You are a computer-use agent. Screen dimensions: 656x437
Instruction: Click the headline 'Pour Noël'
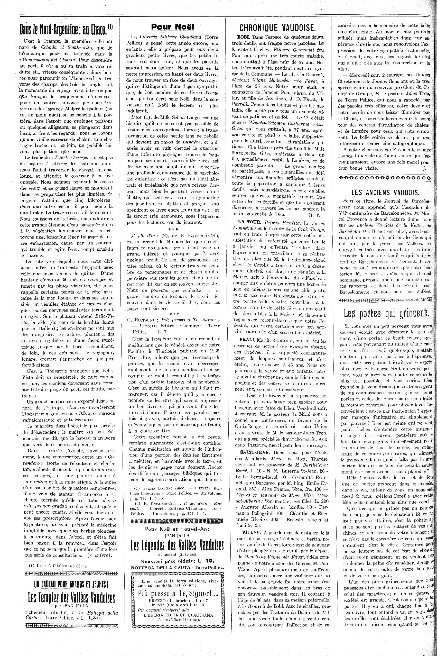[173, 27]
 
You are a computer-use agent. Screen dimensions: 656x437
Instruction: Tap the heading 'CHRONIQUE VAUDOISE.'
[277, 27]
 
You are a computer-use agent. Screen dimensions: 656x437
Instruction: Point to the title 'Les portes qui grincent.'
[386, 313]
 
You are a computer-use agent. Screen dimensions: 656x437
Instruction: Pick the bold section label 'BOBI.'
[243, 37]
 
